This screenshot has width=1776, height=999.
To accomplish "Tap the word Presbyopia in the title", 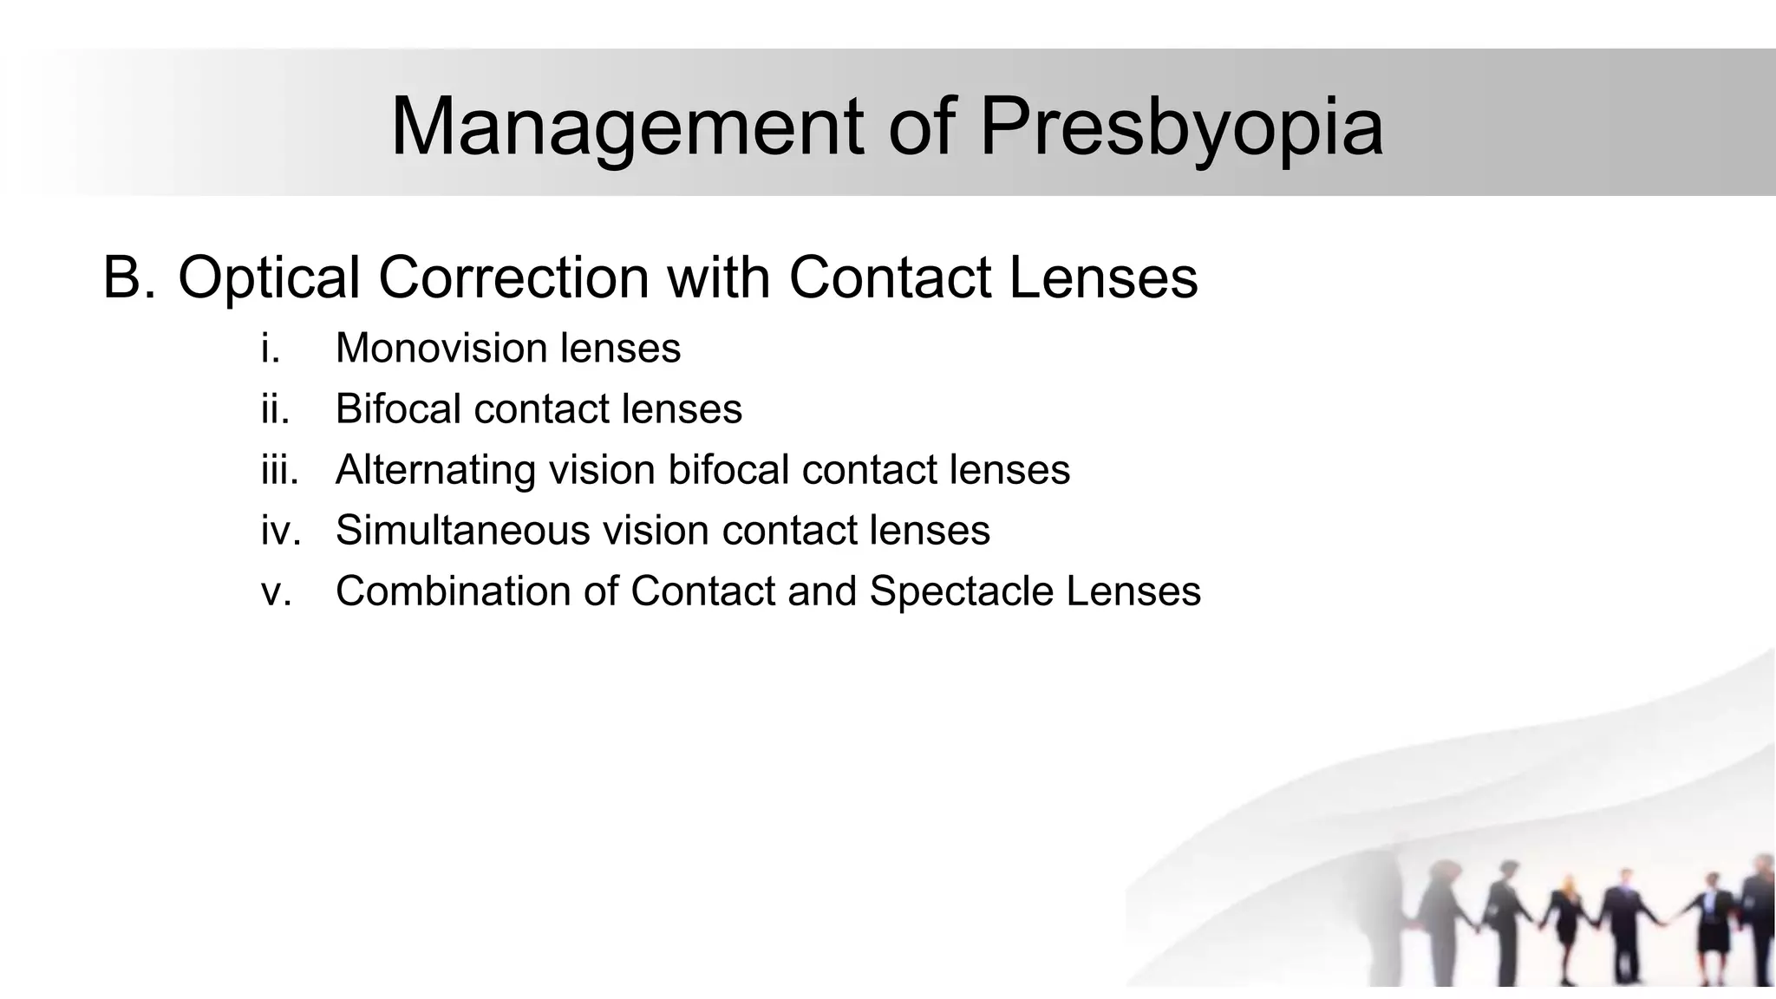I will pos(1181,127).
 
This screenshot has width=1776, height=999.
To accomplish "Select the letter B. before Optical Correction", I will pos(129,277).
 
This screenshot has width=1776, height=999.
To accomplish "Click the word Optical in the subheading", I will pos(269,277).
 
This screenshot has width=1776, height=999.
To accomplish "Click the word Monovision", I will pos(441,349).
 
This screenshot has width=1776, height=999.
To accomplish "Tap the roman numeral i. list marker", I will pos(271,349).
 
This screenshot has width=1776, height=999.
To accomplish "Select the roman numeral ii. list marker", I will pos(275,409).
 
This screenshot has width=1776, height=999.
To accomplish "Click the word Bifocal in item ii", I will pos(398,409).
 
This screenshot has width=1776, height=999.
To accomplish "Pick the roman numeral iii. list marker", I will pos(279,470).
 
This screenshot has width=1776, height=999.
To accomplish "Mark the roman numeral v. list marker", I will pos(276,591).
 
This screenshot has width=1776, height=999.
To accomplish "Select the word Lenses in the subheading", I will pos(1103,277).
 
